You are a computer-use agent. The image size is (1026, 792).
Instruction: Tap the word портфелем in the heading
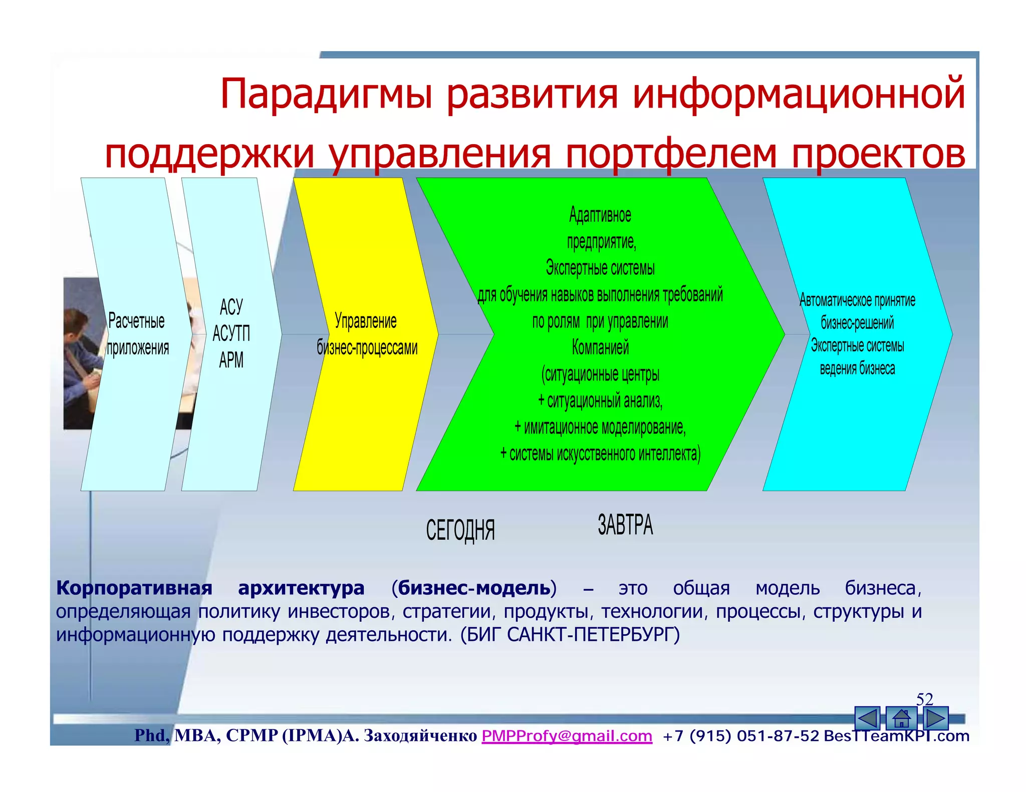[x=671, y=154]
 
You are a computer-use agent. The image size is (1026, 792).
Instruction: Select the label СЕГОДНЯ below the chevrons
[x=460, y=530]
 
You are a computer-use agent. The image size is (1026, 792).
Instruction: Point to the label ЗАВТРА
[x=625, y=525]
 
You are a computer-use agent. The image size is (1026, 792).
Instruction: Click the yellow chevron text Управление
[x=365, y=321]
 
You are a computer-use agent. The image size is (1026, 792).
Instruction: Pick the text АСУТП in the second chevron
[x=231, y=333]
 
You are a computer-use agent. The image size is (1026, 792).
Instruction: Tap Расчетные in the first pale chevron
[x=136, y=321]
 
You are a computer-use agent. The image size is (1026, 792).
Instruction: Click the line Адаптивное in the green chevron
[x=600, y=215]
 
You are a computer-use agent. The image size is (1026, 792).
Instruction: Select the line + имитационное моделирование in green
[x=600, y=428]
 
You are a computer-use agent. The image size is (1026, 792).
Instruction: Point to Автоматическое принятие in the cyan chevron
[x=857, y=300]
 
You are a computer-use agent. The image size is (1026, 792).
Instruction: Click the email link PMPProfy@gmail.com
[x=567, y=736]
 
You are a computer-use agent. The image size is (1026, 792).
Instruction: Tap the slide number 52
[x=924, y=699]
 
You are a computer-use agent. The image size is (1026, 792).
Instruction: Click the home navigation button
[x=901, y=719]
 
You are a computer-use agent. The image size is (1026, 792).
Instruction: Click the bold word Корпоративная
[x=134, y=588]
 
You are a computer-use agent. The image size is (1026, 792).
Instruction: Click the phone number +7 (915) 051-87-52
[x=740, y=736]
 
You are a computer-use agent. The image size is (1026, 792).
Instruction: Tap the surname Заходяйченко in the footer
[x=420, y=736]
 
